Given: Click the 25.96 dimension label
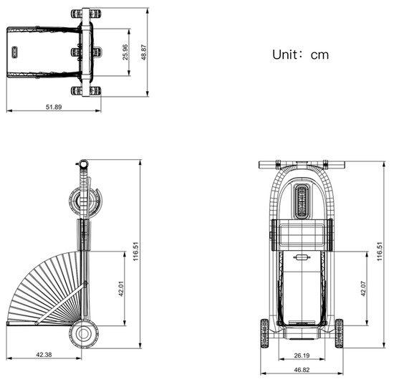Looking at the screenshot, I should click(x=126, y=52).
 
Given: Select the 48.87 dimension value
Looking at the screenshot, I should click(x=145, y=52).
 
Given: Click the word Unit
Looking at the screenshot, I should click(x=288, y=54).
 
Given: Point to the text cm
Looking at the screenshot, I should click(x=319, y=54).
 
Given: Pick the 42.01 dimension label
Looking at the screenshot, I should click(x=122, y=287).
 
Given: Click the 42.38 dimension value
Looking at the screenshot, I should click(x=42, y=355).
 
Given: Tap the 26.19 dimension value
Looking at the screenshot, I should click(x=299, y=355).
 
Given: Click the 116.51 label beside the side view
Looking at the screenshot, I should click(x=135, y=252).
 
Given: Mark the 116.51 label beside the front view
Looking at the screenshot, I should click(x=380, y=252).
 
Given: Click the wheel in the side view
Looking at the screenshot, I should click(x=85, y=333).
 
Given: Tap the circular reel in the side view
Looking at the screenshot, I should click(x=85, y=201).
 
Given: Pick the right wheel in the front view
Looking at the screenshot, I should click(x=339, y=333).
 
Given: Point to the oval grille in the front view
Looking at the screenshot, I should click(x=302, y=201).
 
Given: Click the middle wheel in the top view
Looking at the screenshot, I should click(x=86, y=52).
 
